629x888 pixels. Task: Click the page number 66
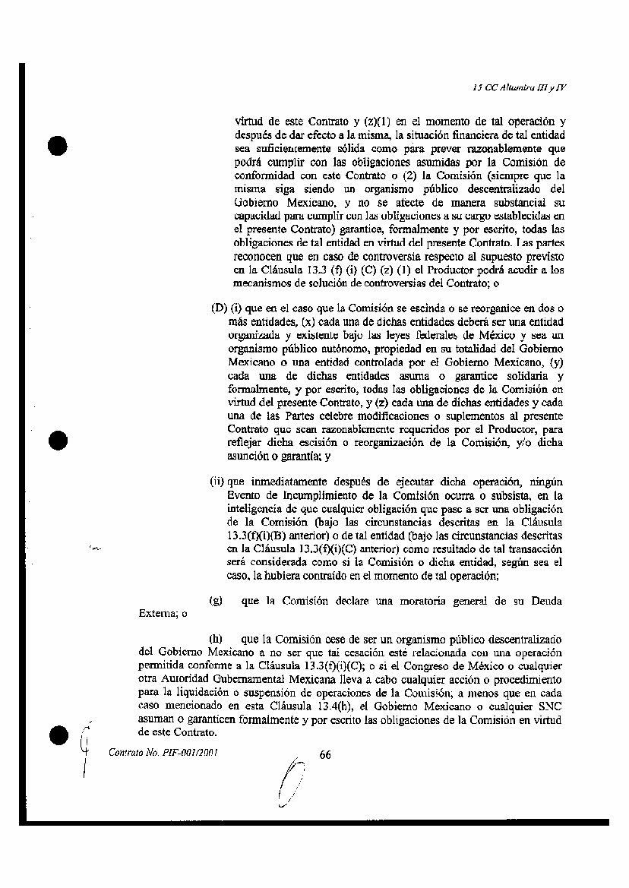[326, 754]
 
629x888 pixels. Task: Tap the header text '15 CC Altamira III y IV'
[519, 87]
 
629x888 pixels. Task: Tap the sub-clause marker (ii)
[218, 481]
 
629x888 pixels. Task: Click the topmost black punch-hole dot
[58, 146]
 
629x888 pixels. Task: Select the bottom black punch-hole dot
[58, 735]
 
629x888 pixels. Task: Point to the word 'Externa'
[156, 615]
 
